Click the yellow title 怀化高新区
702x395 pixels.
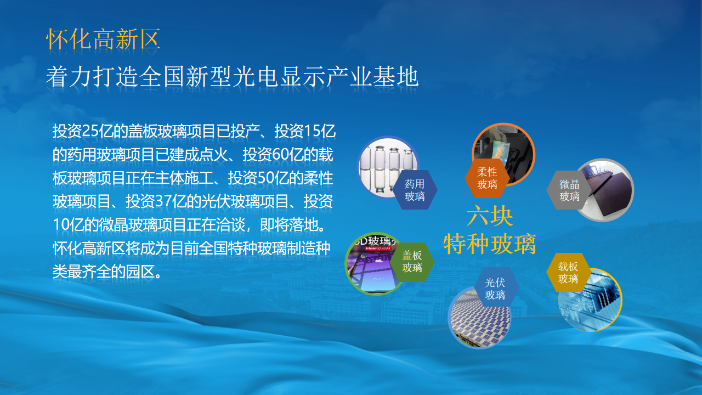103,39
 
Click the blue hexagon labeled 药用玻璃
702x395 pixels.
415,190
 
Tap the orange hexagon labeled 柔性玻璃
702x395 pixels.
487,178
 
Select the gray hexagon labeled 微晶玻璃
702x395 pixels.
569,190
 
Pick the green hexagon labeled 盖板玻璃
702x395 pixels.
412,262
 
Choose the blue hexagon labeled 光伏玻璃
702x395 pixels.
495,289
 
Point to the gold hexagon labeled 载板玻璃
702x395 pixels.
568,273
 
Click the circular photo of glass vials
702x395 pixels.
388,167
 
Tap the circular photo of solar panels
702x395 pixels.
479,317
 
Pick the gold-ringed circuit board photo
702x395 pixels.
591,300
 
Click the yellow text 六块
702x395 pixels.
490,216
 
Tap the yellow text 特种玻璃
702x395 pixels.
490,244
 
